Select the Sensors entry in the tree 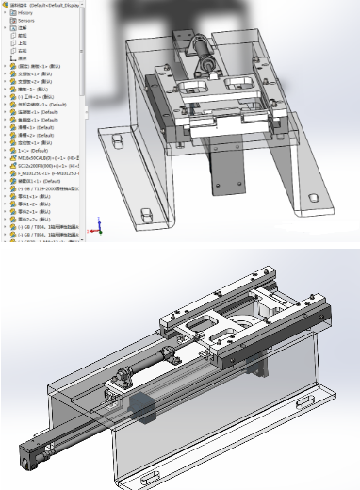[x=26, y=19]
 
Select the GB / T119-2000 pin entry [x=47, y=188]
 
